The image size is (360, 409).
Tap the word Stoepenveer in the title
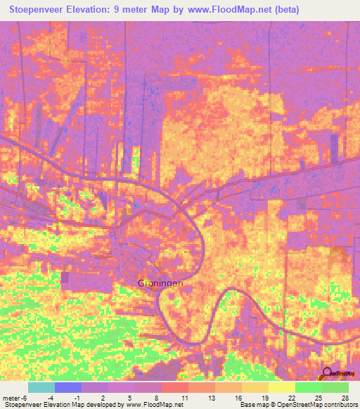pos(38,10)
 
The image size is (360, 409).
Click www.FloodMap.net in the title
pos(231,10)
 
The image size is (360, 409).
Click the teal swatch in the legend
pos(41,387)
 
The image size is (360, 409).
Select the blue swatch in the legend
pos(68,387)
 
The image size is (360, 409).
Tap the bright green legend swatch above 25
pos(309,387)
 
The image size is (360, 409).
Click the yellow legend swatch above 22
pos(282,387)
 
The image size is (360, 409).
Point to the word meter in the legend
pos(11,398)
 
